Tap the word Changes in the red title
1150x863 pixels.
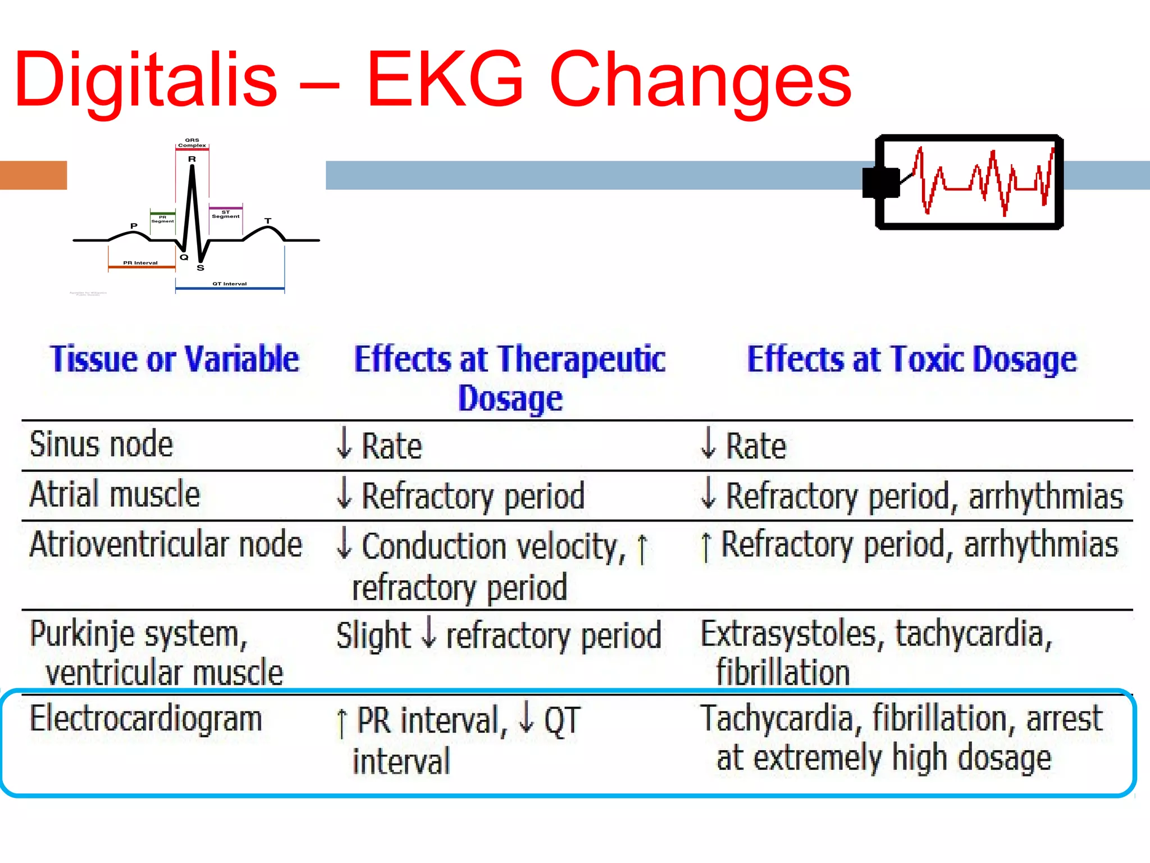click(700, 80)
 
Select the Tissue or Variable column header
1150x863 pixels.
click(175, 359)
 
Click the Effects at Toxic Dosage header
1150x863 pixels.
click(912, 359)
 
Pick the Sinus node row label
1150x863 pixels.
click(102, 444)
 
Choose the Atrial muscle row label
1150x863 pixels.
click(115, 494)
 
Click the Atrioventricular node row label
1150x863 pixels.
click(166, 544)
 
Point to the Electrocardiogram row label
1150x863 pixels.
click(146, 719)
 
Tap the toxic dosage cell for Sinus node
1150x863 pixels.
click(743, 446)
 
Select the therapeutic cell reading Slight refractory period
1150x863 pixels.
click(499, 636)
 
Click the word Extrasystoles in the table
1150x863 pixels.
click(788, 634)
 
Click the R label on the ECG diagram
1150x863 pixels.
click(192, 160)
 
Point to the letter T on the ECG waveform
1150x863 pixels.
click(268, 221)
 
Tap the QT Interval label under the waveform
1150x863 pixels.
click(230, 284)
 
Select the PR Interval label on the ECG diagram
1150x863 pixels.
click(140, 263)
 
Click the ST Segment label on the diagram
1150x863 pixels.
click(226, 215)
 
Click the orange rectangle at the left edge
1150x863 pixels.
click(33, 175)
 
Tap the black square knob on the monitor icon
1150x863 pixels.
click(880, 183)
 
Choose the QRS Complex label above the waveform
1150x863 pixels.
click(192, 143)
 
